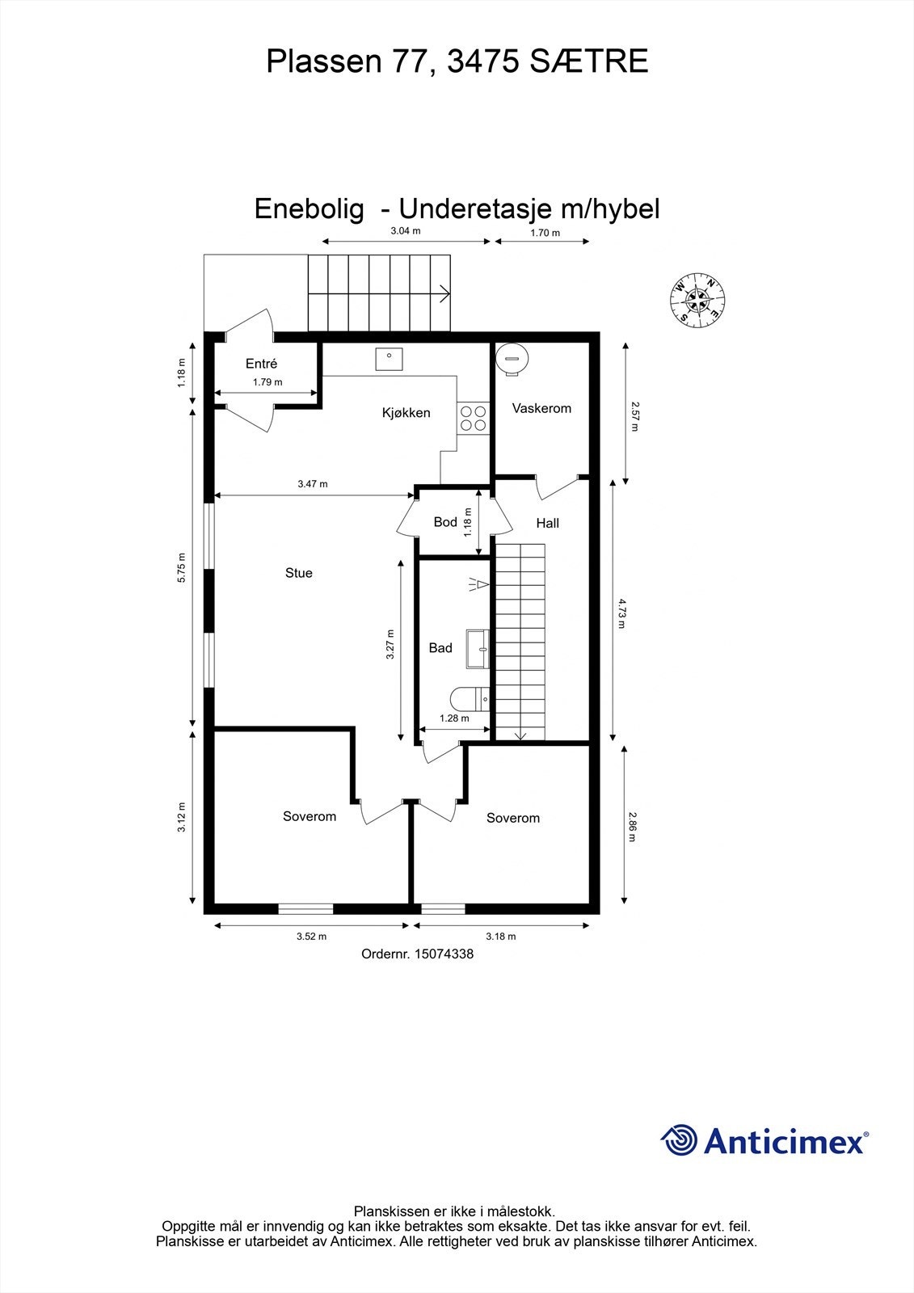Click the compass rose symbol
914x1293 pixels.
point(697,301)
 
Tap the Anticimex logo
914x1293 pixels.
point(764,1140)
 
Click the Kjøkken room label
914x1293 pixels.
point(406,413)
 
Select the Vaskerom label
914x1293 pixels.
point(541,408)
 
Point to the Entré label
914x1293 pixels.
point(261,364)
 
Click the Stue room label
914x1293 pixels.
point(298,573)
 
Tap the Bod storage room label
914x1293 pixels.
point(445,522)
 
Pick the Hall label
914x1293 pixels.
point(547,523)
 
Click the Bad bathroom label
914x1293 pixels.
point(440,647)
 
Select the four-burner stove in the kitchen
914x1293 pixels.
point(474,417)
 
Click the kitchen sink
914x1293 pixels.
point(389,357)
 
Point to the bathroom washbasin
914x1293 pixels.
point(478,649)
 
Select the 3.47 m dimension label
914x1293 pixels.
point(312,484)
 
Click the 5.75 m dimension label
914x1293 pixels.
point(182,567)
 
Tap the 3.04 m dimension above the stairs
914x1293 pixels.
point(406,231)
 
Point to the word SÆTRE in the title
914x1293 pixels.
point(589,61)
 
